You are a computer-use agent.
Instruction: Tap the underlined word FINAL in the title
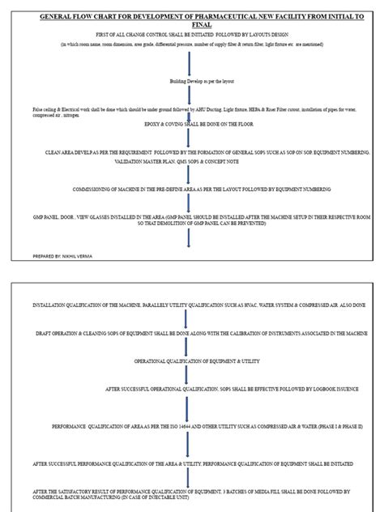coord(191,25)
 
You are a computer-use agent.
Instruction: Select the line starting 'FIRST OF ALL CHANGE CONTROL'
coord(191,35)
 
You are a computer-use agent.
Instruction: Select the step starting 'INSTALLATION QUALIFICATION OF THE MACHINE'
coord(190,305)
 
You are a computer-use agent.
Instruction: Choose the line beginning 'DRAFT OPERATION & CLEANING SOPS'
coord(192,333)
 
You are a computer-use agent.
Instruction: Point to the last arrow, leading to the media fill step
coord(187,478)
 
